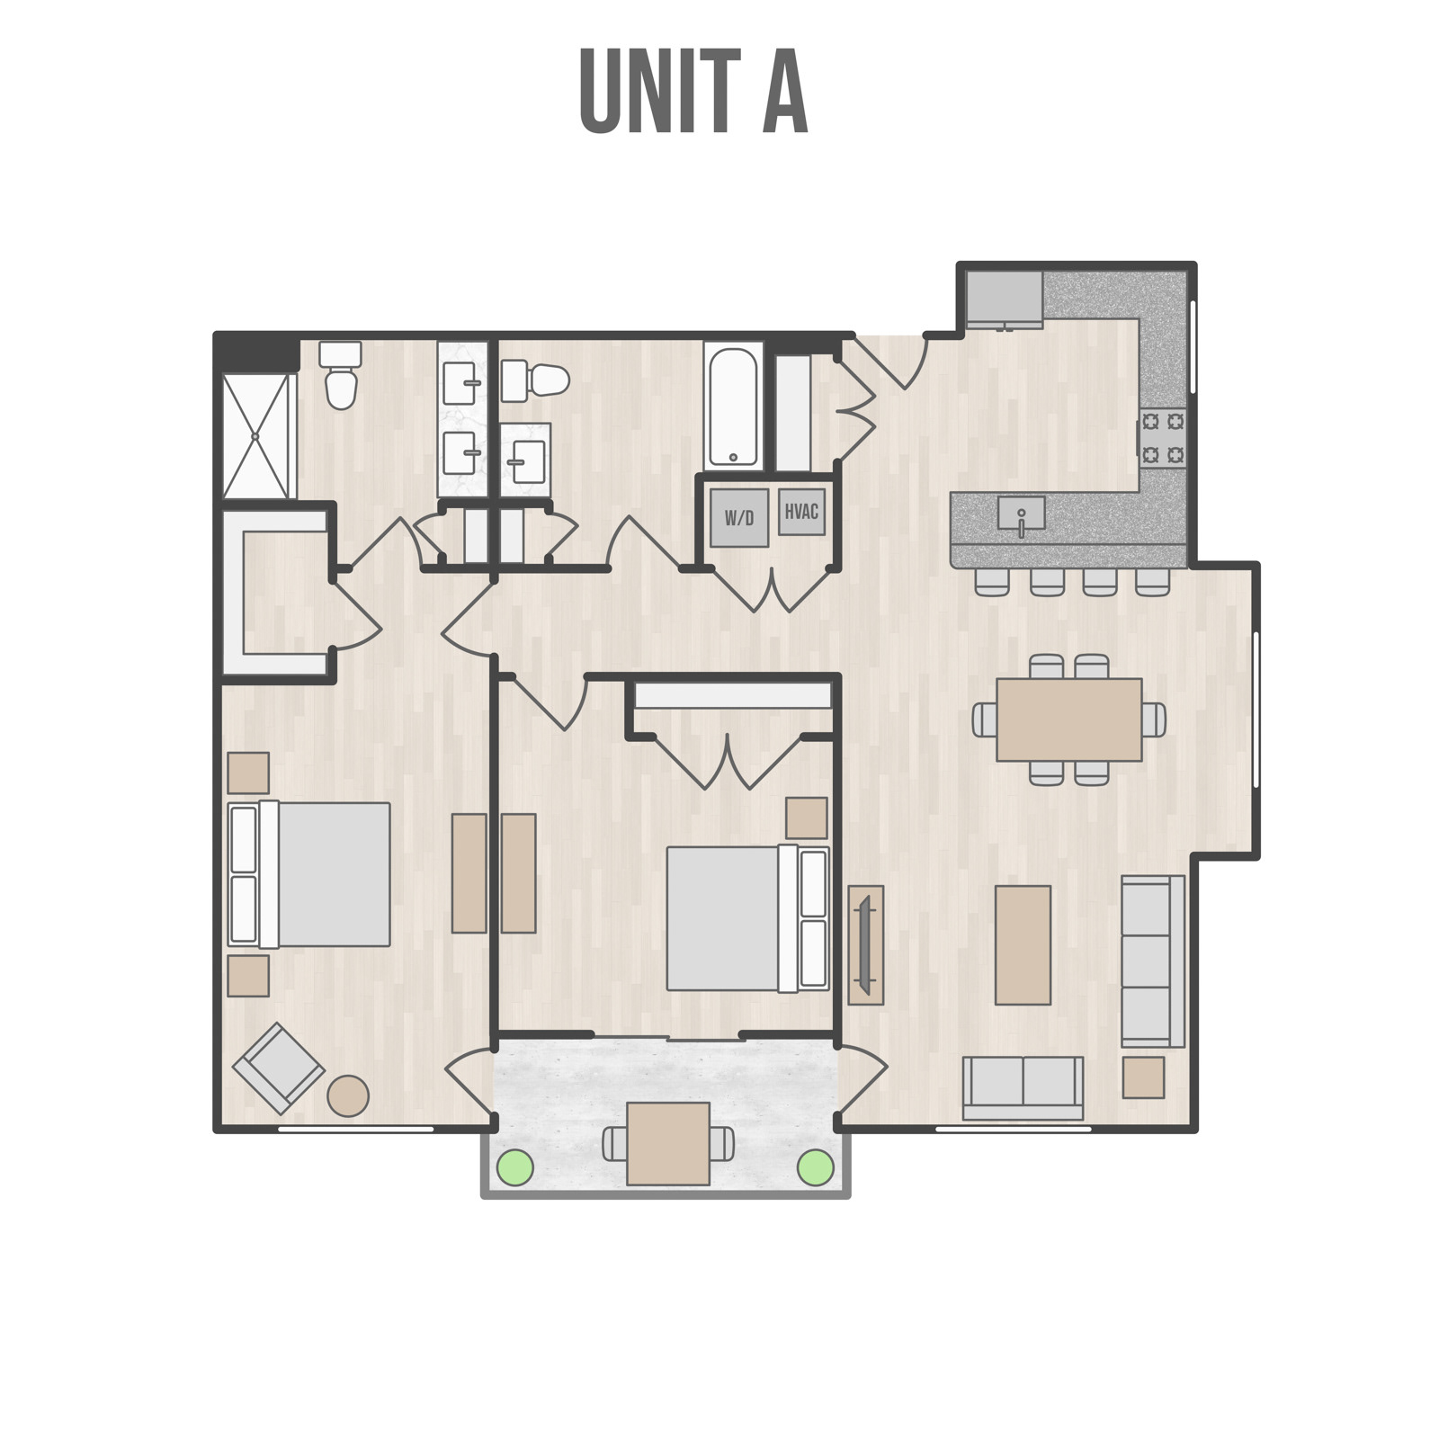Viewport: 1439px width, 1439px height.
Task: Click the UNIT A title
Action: [693, 92]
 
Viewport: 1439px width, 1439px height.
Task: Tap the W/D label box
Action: [739, 518]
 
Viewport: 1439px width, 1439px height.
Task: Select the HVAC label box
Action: [801, 512]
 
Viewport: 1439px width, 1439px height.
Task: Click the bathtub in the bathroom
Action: [733, 407]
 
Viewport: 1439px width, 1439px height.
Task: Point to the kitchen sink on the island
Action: [1021, 514]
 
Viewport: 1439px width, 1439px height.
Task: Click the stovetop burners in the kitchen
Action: [1162, 438]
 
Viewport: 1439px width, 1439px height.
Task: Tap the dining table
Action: [1068, 719]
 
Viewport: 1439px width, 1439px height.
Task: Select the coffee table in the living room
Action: [1023, 944]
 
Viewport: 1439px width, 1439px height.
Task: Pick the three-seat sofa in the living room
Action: [1152, 961]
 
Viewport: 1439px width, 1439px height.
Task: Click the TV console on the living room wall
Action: [865, 944]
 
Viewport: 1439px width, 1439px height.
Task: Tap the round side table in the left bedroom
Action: [348, 1096]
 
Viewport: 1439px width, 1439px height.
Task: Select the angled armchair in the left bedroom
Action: [279, 1068]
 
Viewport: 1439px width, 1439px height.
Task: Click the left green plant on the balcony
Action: [515, 1167]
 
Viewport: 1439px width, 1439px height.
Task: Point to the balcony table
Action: [668, 1143]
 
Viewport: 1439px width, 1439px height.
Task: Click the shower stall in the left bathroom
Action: [258, 436]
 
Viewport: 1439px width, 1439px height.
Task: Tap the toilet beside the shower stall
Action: [341, 376]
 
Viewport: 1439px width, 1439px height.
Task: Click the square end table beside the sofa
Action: [1143, 1077]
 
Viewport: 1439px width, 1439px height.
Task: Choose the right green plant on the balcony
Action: [816, 1167]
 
